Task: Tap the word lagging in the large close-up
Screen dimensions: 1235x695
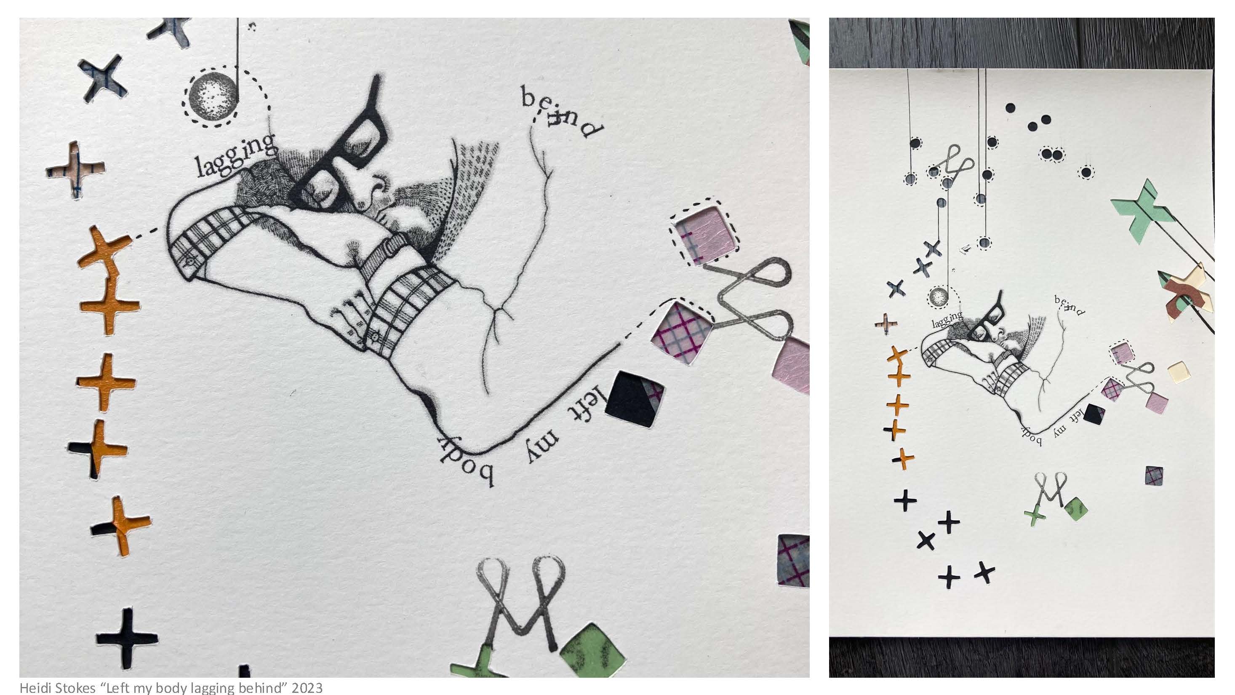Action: (236, 155)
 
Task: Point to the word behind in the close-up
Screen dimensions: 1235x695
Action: (562, 112)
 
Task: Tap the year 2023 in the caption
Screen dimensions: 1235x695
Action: (307, 687)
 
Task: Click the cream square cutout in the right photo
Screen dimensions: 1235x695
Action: (1179, 372)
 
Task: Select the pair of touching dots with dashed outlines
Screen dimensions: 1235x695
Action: (1052, 155)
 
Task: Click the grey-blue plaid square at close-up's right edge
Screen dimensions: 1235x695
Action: (793, 561)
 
